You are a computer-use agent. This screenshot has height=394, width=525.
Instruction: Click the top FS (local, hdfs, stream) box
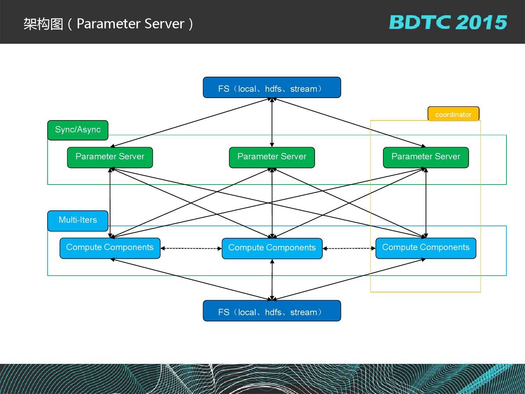coord(272,88)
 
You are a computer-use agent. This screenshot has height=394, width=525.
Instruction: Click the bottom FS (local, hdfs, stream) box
coord(272,311)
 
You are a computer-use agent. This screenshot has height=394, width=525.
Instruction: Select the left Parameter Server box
coord(110,157)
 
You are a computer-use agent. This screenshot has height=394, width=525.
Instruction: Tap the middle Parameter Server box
coord(272,157)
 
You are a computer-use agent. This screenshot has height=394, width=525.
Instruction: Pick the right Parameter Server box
coord(426,157)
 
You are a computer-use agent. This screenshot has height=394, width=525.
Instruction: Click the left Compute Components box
coord(110,248)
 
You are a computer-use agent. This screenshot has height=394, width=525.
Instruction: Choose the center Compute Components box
coord(272,248)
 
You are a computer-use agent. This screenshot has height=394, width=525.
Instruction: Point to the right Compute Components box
coord(426,248)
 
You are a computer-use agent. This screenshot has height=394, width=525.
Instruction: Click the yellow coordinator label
coord(453,114)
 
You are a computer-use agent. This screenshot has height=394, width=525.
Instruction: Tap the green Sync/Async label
coord(78,130)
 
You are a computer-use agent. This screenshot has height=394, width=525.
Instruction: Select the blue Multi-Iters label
coord(78,221)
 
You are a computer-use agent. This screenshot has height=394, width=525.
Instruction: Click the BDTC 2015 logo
coord(448,22)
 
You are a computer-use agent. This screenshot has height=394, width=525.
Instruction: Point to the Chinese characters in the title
coord(43,24)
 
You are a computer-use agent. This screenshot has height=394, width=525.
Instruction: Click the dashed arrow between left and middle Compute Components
coord(191,248)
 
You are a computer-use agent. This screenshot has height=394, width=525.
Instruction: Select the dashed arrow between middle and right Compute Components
coord(349,248)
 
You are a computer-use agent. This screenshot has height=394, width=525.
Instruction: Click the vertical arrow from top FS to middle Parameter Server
coord(272,123)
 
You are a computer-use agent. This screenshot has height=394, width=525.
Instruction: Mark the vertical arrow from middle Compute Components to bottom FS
coord(272,279)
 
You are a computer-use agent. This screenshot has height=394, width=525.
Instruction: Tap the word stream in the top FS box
coord(303,89)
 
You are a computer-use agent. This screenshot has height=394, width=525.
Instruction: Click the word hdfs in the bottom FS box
coord(273,312)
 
